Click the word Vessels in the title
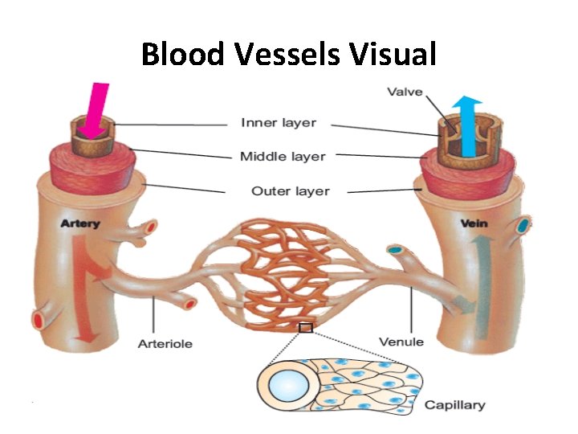289,55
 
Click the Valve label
405,92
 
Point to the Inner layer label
279,123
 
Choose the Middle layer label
283,156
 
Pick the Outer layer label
290,191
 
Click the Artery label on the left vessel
80,223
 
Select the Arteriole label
165,344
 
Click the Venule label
401,342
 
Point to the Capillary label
454,404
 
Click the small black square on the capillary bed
305,327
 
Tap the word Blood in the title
184,55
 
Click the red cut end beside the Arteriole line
190,304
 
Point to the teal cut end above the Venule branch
395,250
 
